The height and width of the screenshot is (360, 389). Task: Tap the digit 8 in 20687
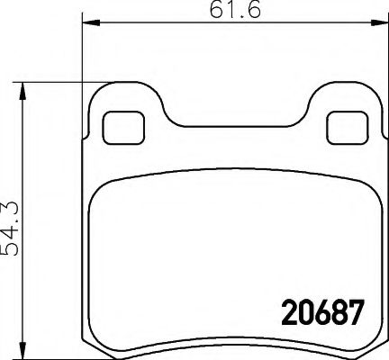pos(335,314)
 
